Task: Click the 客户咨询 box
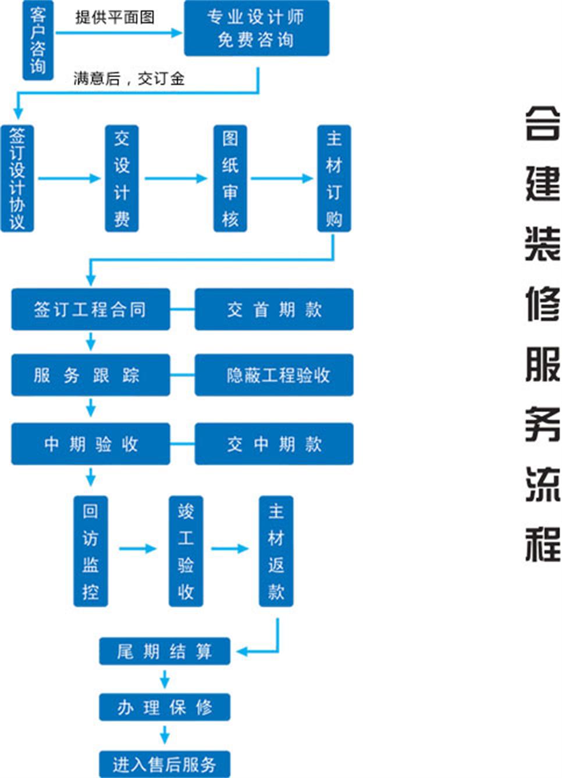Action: click(38, 40)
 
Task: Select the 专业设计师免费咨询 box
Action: click(256, 28)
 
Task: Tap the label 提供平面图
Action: click(115, 17)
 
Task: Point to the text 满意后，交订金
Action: click(129, 78)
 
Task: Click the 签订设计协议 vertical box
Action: click(17, 178)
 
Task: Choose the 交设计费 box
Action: click(122, 178)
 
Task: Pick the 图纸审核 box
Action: click(230, 178)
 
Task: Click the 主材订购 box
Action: click(334, 178)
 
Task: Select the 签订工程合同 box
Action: click(90, 309)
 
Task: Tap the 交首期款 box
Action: click(273, 309)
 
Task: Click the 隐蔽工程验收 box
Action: click(273, 375)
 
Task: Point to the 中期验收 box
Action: click(90, 444)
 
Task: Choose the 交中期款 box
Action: click(273, 444)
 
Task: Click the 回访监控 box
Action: click(91, 551)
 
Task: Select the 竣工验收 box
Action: click(186, 551)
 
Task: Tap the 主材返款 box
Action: click(276, 551)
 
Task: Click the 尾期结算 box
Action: click(165, 651)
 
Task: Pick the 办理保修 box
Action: click(165, 707)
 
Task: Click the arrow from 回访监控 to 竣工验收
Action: click(138, 548)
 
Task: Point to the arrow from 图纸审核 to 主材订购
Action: click(282, 178)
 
